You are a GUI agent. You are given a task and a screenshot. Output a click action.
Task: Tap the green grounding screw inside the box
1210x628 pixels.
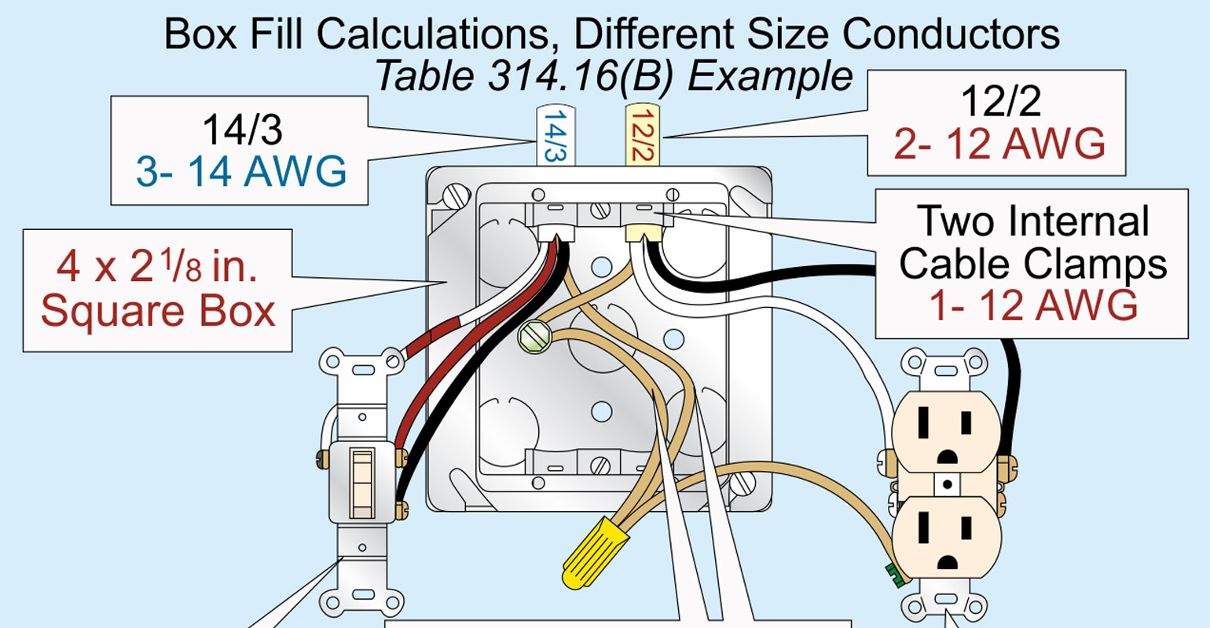534,338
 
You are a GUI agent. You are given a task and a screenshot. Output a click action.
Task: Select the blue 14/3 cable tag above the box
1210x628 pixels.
555,135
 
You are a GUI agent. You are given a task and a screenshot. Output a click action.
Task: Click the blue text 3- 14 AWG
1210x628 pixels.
241,171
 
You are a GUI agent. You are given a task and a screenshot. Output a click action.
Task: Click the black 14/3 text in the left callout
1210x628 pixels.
241,129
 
